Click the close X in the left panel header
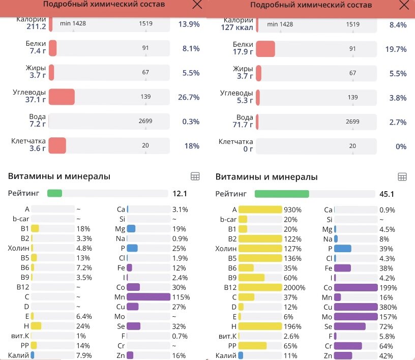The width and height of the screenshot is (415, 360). click(197, 5)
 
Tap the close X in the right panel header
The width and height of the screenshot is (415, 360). click(404, 5)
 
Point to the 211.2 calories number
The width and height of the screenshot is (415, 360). click(36, 27)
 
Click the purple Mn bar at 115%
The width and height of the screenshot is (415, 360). click(148, 297)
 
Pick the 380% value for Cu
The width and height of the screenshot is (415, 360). click(388, 307)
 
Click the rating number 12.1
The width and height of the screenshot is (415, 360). click(180, 194)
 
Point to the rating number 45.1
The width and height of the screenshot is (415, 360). click(387, 194)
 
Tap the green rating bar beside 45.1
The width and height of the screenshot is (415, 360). click(282, 194)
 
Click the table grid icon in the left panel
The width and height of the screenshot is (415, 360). click(195, 176)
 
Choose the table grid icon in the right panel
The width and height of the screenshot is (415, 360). click(402, 177)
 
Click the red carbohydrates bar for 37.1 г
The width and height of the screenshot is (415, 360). click(62, 97)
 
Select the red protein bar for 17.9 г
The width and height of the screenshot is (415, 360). click(265, 49)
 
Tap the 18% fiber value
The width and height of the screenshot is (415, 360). click(192, 146)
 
